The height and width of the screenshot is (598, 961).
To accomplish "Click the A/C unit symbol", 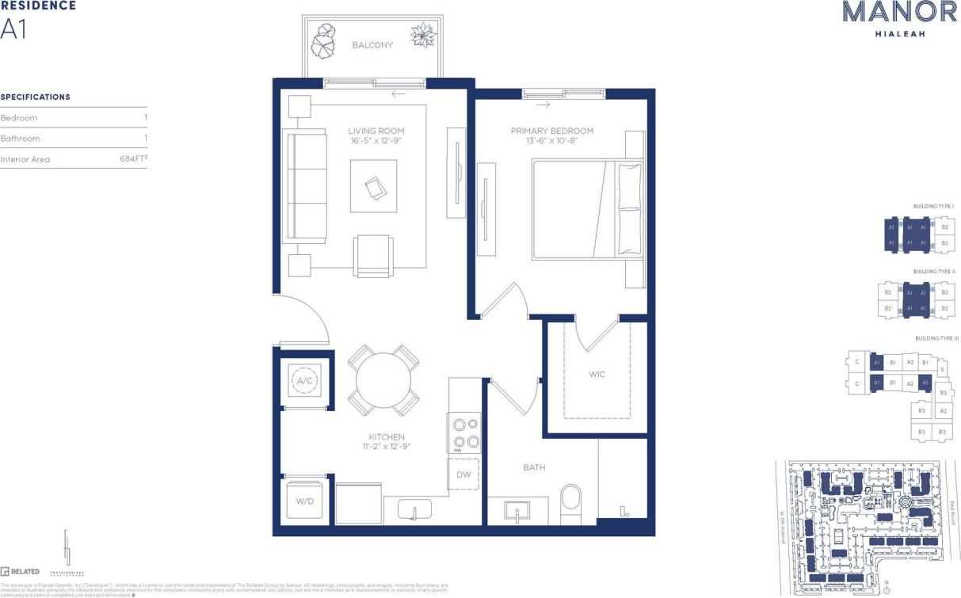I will (x=304, y=381).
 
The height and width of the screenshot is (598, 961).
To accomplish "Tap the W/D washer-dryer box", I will (x=304, y=501).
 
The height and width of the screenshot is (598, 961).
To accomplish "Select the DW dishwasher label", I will (x=463, y=474).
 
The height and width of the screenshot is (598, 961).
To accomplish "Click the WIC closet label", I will (x=597, y=374).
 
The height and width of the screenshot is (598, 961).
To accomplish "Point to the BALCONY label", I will (x=372, y=45).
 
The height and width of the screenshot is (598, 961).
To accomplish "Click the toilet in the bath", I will (x=570, y=504).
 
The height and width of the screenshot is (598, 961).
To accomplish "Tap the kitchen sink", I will (x=413, y=508).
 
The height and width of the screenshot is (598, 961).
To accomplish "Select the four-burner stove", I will (x=464, y=433).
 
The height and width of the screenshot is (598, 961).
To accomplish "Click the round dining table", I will (x=383, y=379).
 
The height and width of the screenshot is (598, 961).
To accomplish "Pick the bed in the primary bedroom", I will (x=586, y=210).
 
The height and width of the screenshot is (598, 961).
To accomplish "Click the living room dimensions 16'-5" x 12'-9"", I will (x=376, y=141).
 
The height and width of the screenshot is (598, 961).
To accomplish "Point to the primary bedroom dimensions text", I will (x=551, y=141).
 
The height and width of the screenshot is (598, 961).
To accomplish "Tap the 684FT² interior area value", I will (x=132, y=158).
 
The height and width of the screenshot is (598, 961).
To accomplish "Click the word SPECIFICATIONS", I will (x=36, y=97).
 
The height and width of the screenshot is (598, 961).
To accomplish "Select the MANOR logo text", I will (x=888, y=12).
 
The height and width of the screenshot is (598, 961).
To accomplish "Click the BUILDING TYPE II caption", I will (x=933, y=272).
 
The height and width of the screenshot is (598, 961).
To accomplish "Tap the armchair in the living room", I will (x=374, y=256).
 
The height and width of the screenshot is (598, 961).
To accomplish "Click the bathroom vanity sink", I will (x=517, y=512).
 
